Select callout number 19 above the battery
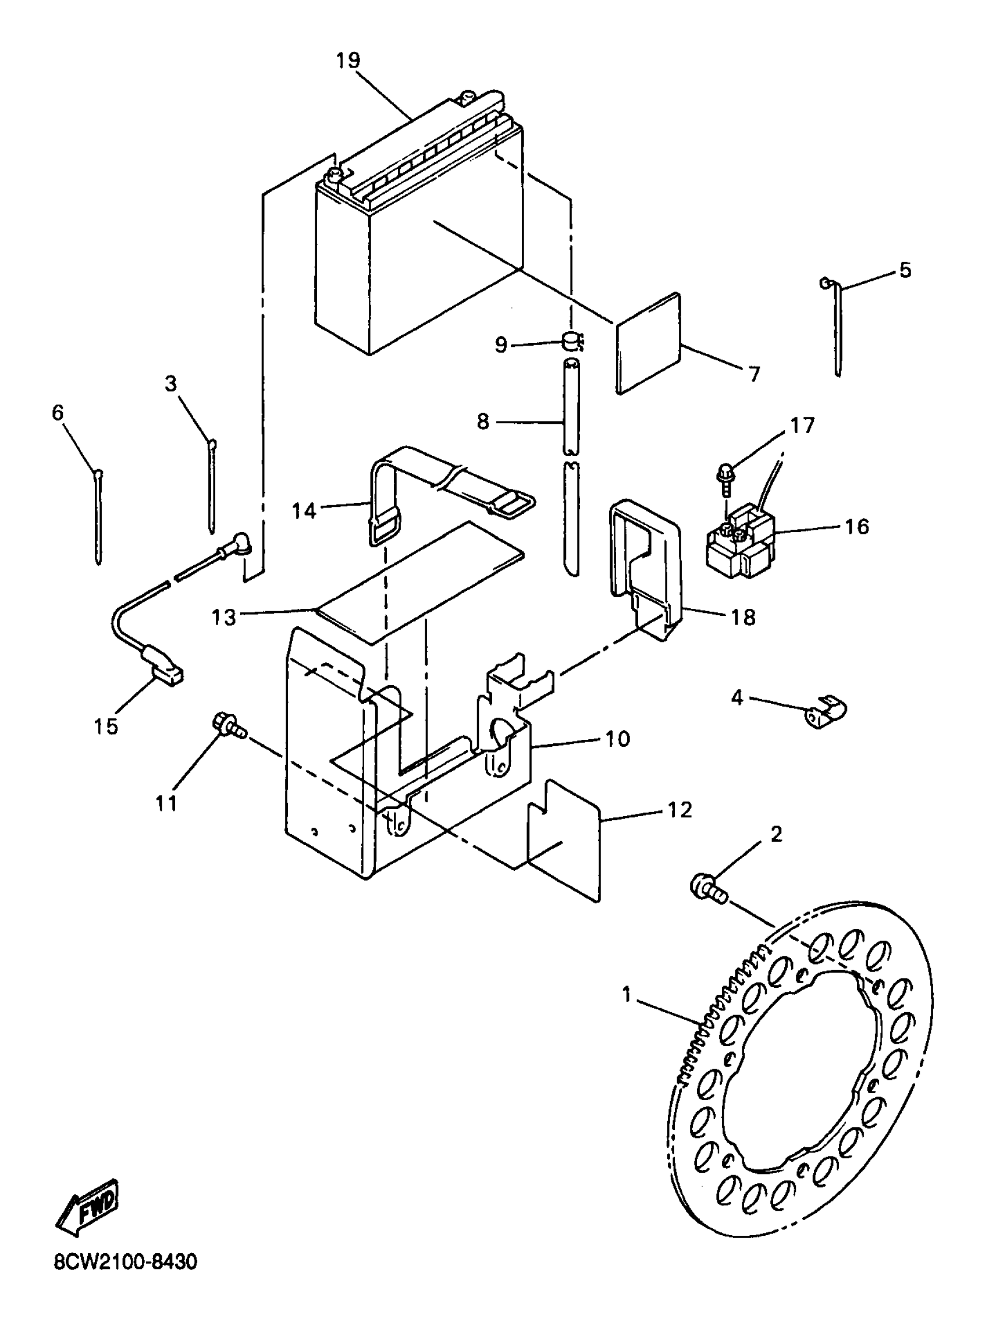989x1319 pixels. coord(348,61)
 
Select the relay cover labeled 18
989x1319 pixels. coord(644,569)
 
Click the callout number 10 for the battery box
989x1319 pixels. coord(618,739)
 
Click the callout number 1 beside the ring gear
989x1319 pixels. coord(626,995)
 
